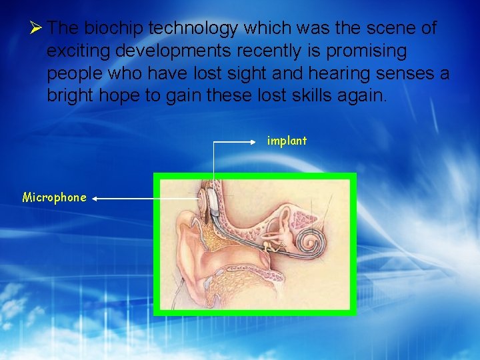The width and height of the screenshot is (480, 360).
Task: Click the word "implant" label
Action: [x=287, y=141]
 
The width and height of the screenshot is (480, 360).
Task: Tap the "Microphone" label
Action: [x=55, y=197]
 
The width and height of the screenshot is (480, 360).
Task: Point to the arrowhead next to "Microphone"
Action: [x=95, y=198]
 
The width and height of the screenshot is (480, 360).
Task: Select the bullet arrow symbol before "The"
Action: [x=37, y=28]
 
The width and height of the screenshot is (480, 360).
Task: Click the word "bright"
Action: [x=70, y=95]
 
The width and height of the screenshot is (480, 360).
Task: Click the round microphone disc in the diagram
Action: [x=201, y=198]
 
